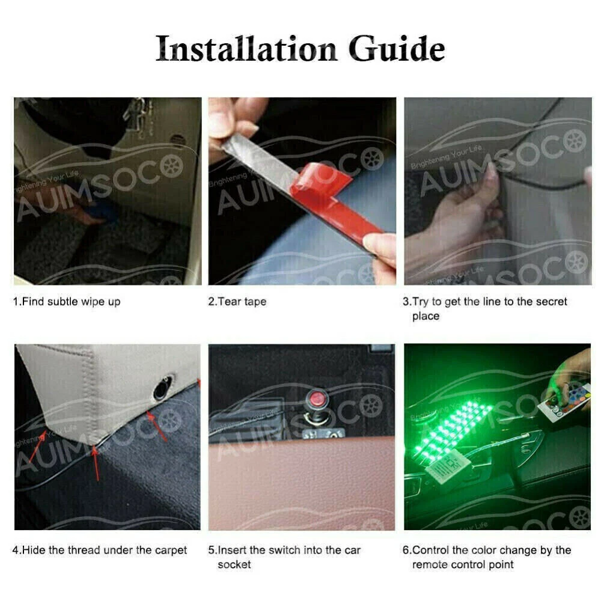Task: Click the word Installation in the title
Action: (246, 48)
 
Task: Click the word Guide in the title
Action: (397, 48)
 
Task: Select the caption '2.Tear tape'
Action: (237, 302)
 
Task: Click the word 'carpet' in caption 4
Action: (171, 551)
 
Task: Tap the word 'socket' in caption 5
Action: (234, 564)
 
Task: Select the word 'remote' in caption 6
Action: (429, 564)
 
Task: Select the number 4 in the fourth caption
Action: (16, 551)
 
